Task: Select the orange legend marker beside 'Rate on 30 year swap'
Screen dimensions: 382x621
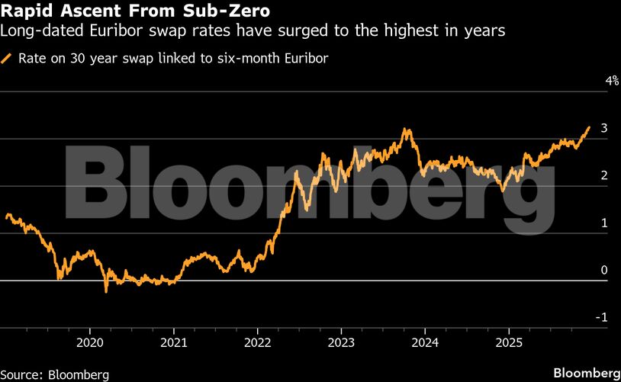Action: click(8, 58)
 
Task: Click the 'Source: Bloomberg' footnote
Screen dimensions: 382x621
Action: click(55, 374)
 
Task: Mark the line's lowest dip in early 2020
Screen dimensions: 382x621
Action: click(106, 291)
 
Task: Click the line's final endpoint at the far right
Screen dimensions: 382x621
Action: click(589, 127)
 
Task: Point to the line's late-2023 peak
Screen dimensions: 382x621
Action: click(407, 130)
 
